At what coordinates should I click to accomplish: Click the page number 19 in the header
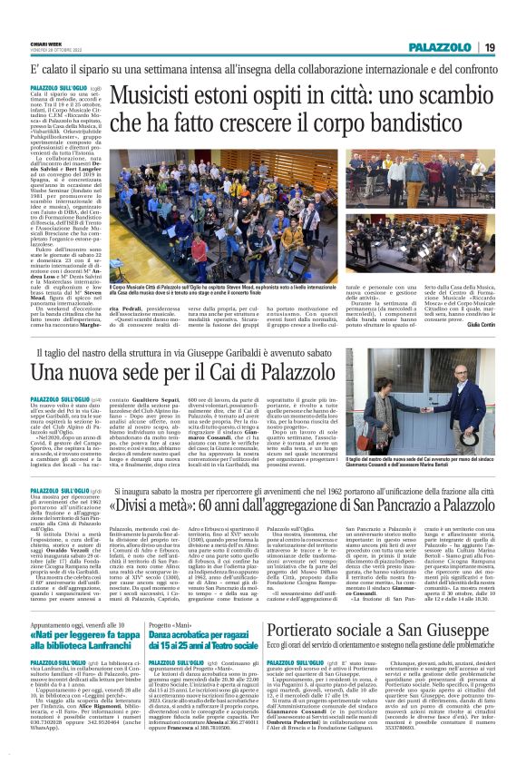tap(489, 47)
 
